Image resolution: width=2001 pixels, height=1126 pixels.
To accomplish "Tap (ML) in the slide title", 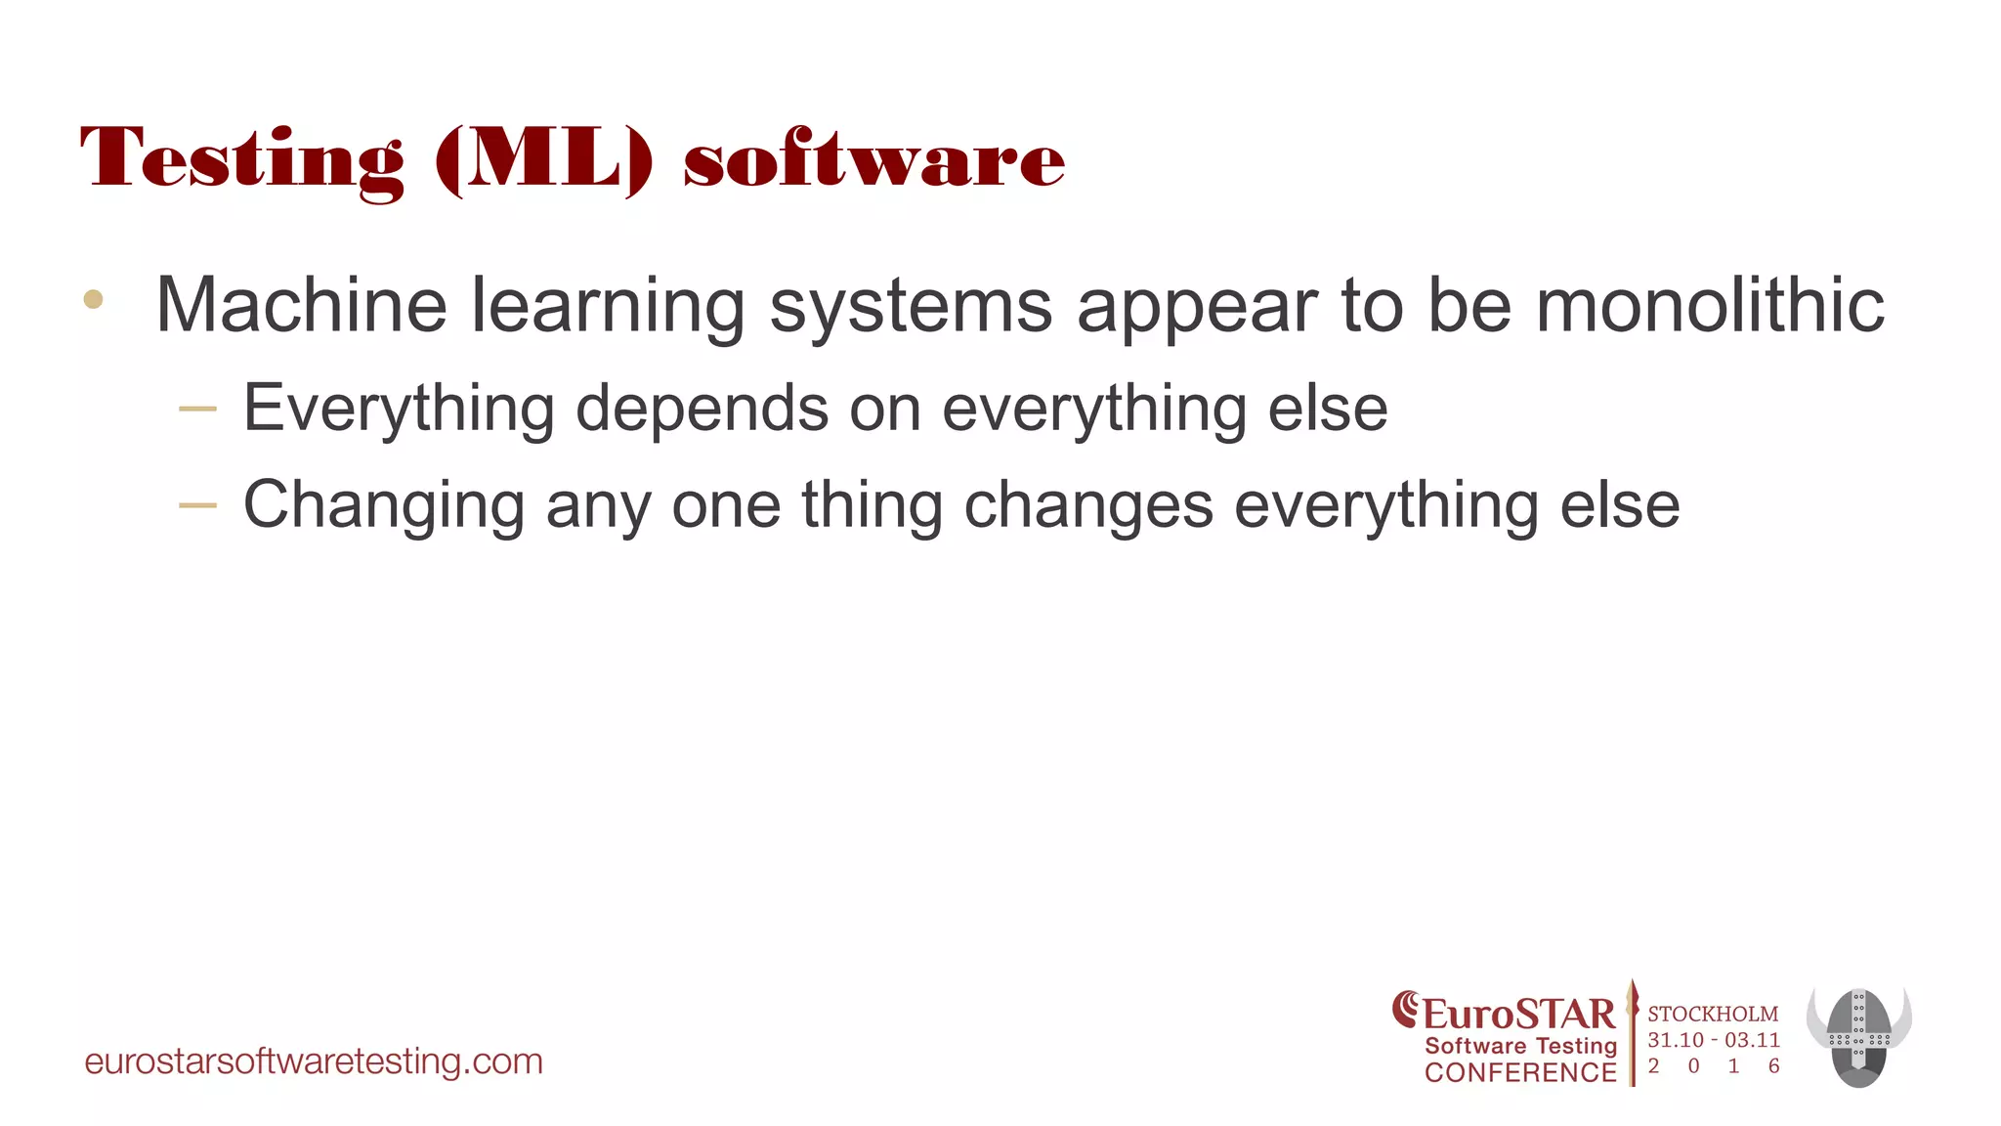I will pyautogui.click(x=543, y=159).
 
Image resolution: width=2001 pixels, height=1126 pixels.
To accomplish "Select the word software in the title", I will pyautogui.click(x=873, y=159).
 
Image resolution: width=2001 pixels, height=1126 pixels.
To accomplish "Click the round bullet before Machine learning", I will pyautogui.click(x=94, y=299).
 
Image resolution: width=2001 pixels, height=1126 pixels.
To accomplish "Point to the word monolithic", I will pyautogui.click(x=1710, y=305).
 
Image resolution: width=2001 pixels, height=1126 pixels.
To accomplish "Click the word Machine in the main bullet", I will pyautogui.click(x=301, y=305).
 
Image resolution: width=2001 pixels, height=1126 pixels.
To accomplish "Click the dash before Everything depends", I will pyautogui.click(x=198, y=409).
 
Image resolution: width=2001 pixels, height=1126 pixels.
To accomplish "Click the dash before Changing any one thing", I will pyautogui.click(x=198, y=505).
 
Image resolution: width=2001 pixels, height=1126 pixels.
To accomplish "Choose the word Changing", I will pyautogui.click(x=384, y=506).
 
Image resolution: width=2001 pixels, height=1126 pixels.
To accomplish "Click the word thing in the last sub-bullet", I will pyautogui.click(x=872, y=506).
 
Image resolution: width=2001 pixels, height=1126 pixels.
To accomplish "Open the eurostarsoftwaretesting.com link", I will pyautogui.click(x=314, y=1061).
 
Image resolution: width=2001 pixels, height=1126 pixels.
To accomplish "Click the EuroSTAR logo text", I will pyautogui.click(x=1517, y=1014).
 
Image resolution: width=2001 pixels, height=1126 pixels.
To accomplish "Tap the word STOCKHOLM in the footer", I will pyautogui.click(x=1713, y=1014).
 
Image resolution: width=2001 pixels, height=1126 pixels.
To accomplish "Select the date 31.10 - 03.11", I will pyautogui.click(x=1714, y=1040).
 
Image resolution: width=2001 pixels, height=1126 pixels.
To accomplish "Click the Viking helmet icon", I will pyautogui.click(x=1858, y=1037).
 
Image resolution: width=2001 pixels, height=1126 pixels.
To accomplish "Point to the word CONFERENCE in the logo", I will pyautogui.click(x=1520, y=1072).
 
